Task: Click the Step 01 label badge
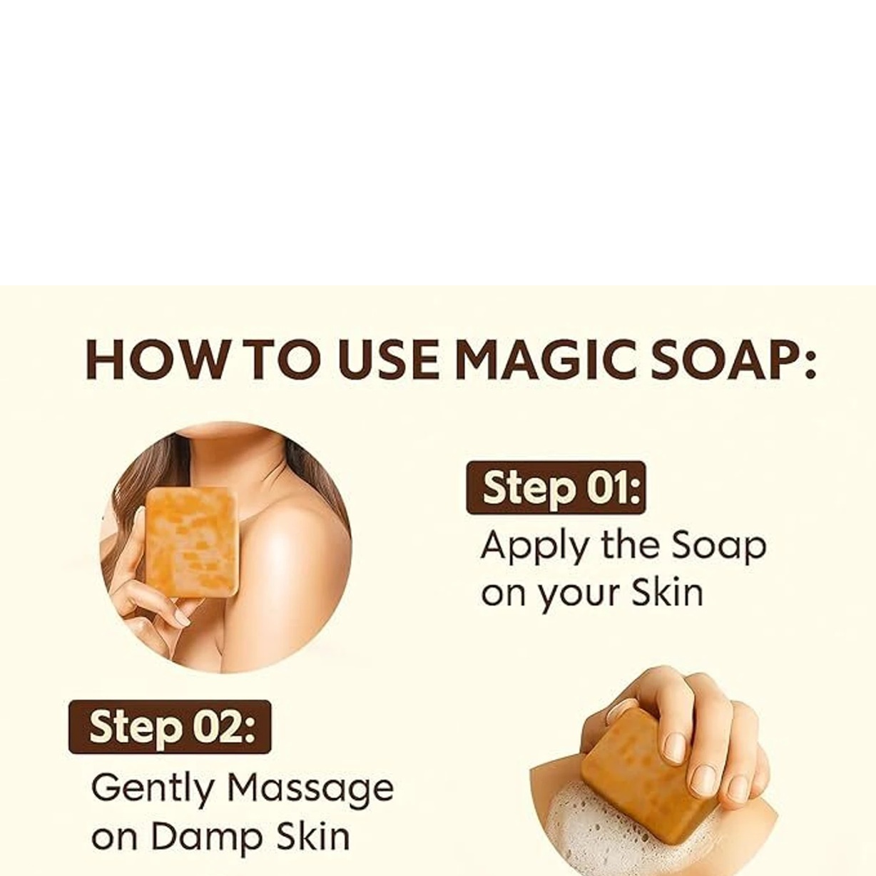click(556, 488)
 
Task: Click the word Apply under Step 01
click(534, 547)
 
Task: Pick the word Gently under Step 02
click(152, 789)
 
